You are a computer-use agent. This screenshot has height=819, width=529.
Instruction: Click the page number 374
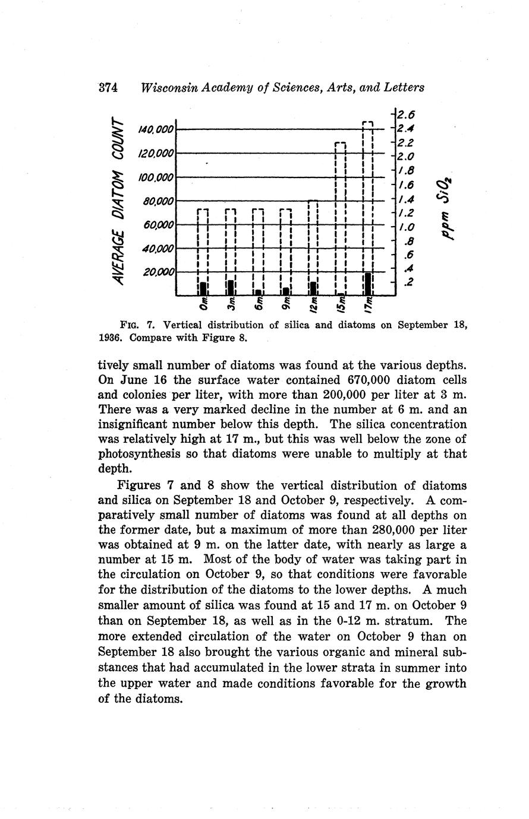pos(109,88)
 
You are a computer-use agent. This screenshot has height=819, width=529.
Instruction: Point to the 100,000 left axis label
pos(156,177)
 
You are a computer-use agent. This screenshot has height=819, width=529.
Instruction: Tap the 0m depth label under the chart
pos(204,305)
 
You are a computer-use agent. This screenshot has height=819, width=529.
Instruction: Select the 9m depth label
pos(286,304)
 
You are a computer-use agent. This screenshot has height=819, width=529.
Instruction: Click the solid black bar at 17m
pos(369,283)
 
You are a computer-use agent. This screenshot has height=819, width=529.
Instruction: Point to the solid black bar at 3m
pos(231,287)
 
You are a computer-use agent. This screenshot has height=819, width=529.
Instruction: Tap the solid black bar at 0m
pos(203,288)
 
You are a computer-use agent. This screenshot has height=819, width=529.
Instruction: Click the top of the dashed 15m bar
pos(341,143)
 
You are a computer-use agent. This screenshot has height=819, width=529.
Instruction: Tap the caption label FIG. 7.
pos(138,325)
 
